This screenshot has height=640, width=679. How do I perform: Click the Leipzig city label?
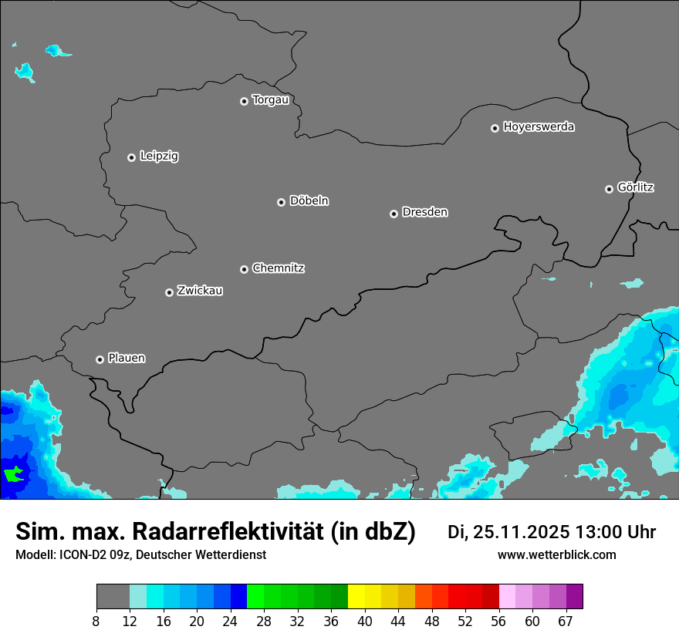click(x=159, y=156)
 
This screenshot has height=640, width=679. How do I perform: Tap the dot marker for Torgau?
click(x=244, y=101)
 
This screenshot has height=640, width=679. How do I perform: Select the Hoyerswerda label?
click(x=539, y=126)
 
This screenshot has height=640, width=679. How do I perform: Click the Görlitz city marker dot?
click(x=609, y=189)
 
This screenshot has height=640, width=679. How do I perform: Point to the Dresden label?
click(x=424, y=212)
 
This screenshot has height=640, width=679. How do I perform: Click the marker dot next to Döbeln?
click(x=281, y=202)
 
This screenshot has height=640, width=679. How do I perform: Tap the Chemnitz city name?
click(x=278, y=268)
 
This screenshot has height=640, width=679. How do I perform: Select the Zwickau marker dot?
click(x=169, y=292)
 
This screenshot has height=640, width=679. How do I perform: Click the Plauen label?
click(x=127, y=358)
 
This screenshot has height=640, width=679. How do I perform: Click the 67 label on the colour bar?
click(x=566, y=621)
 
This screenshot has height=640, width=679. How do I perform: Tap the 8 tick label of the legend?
click(x=96, y=621)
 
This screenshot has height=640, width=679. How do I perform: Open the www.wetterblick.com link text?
click(x=556, y=555)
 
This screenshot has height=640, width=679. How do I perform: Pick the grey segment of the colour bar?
click(x=113, y=597)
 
